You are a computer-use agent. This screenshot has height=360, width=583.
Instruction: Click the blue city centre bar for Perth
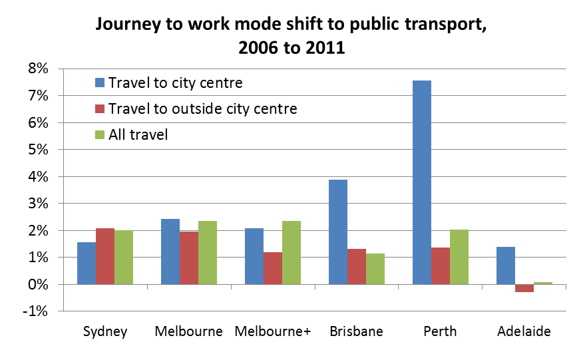pyautogui.click(x=421, y=182)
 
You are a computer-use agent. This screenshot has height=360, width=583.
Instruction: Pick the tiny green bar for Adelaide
pyautogui.click(x=542, y=283)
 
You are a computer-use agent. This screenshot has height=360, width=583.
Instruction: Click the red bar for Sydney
pyautogui.click(x=104, y=256)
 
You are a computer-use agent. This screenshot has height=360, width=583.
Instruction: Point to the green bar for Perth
pyautogui.click(x=459, y=257)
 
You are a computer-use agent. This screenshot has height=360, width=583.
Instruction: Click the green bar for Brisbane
pyautogui.click(x=375, y=269)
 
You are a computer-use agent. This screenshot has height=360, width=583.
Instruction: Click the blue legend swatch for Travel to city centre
pyautogui.click(x=100, y=83)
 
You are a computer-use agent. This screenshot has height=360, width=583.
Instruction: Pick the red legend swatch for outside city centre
pyautogui.click(x=100, y=108)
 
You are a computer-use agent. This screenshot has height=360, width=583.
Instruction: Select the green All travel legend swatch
pyautogui.click(x=100, y=134)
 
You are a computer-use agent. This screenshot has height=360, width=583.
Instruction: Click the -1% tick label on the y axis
pyautogui.click(x=37, y=311)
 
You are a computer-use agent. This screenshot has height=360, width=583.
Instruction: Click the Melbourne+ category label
pyautogui.click(x=272, y=331)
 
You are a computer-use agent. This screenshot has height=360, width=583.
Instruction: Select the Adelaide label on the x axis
pyautogui.click(x=524, y=331)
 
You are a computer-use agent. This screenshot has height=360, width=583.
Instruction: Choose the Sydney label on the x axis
pyautogui.click(x=104, y=331)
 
